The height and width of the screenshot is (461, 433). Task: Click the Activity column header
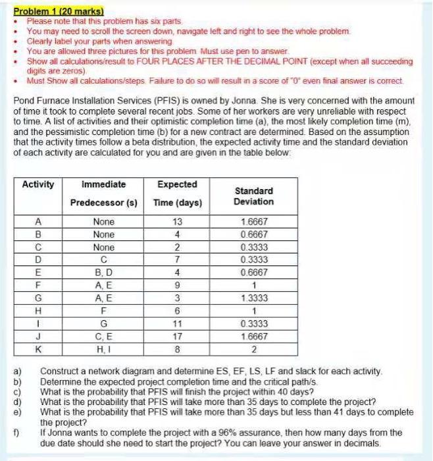tap(38, 184)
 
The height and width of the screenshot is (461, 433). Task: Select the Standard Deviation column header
tap(253, 196)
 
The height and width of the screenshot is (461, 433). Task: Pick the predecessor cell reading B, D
tap(104, 273)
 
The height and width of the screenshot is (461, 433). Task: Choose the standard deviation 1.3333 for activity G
tap(253, 298)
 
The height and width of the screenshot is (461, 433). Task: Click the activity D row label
tap(38, 260)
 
